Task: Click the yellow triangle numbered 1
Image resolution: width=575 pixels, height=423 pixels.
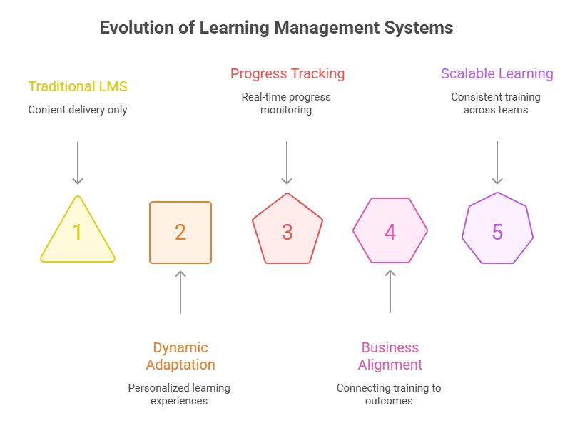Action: click(77, 232)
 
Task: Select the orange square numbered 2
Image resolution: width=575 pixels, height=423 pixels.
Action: click(180, 233)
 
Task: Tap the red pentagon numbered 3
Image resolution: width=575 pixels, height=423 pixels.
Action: click(287, 232)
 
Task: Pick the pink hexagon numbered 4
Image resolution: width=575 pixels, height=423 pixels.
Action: click(390, 231)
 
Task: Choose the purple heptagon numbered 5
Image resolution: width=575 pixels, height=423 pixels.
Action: click(497, 232)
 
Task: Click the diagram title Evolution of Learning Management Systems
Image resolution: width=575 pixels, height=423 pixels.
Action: click(276, 28)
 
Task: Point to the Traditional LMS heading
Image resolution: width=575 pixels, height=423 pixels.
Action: click(78, 87)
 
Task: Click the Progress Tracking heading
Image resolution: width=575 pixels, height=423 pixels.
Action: click(287, 73)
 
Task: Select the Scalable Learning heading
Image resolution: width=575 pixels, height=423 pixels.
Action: click(497, 73)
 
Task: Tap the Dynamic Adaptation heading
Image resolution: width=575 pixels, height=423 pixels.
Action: click(180, 356)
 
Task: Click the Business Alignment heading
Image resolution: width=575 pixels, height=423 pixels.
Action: click(390, 356)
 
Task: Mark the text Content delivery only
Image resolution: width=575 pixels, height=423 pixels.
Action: click(78, 110)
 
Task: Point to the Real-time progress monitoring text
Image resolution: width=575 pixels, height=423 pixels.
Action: click(286, 103)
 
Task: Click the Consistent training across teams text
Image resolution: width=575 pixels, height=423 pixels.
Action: click(496, 103)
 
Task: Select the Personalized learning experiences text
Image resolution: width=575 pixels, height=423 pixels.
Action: click(179, 394)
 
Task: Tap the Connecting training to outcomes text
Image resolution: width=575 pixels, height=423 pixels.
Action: click(389, 394)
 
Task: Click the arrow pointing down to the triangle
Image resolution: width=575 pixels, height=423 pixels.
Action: click(78, 163)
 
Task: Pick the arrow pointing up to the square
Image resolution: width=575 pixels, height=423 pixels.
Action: click(180, 292)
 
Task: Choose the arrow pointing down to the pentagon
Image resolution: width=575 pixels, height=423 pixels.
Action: click(287, 163)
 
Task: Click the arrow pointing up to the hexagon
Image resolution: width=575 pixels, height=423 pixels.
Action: click(390, 292)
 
